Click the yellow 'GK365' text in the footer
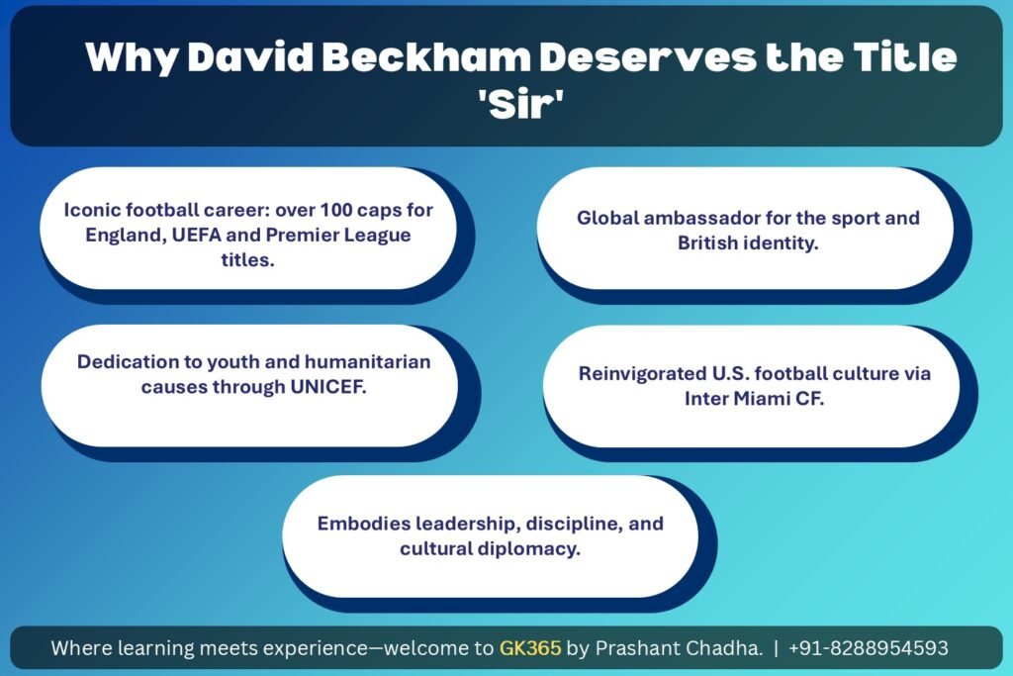click(530, 649)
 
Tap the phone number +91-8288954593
click(869, 649)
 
